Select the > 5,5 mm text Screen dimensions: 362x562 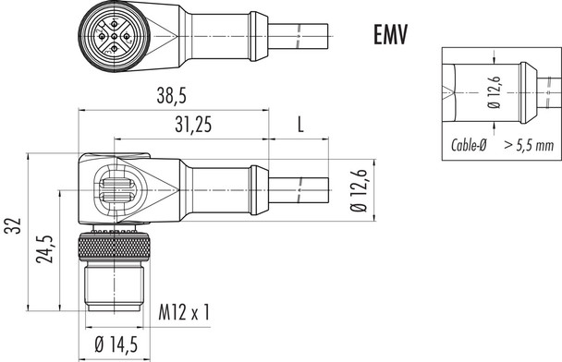point(529,145)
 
